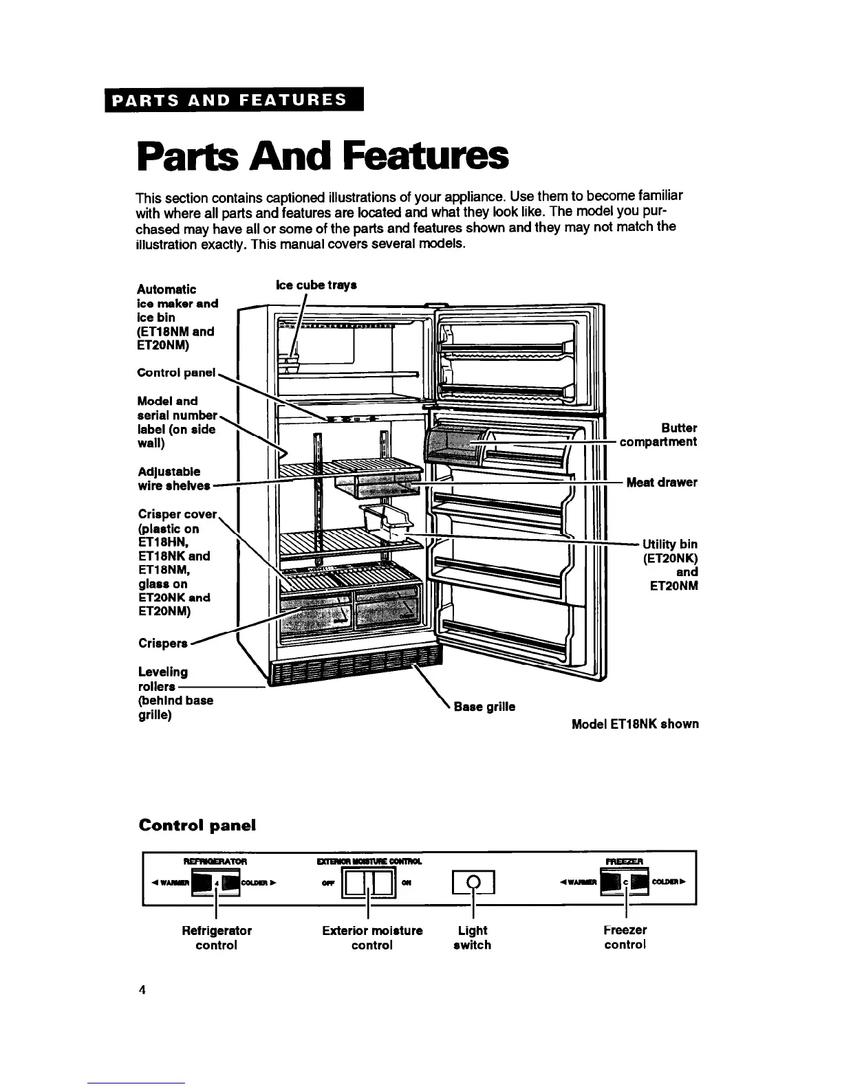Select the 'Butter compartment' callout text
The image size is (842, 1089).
point(658,434)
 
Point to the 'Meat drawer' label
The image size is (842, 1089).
point(662,483)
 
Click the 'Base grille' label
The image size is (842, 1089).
point(484,706)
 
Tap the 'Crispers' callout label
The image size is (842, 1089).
point(163,643)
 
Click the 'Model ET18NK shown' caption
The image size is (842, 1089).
point(635,724)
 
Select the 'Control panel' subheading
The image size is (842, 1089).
point(197,825)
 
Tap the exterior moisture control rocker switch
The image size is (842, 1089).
point(369,883)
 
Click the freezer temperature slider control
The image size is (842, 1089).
point(625,883)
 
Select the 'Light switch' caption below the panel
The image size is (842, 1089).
point(473,938)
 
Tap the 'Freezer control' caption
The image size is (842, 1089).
point(625,938)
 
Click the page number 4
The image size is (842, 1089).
point(142,990)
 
